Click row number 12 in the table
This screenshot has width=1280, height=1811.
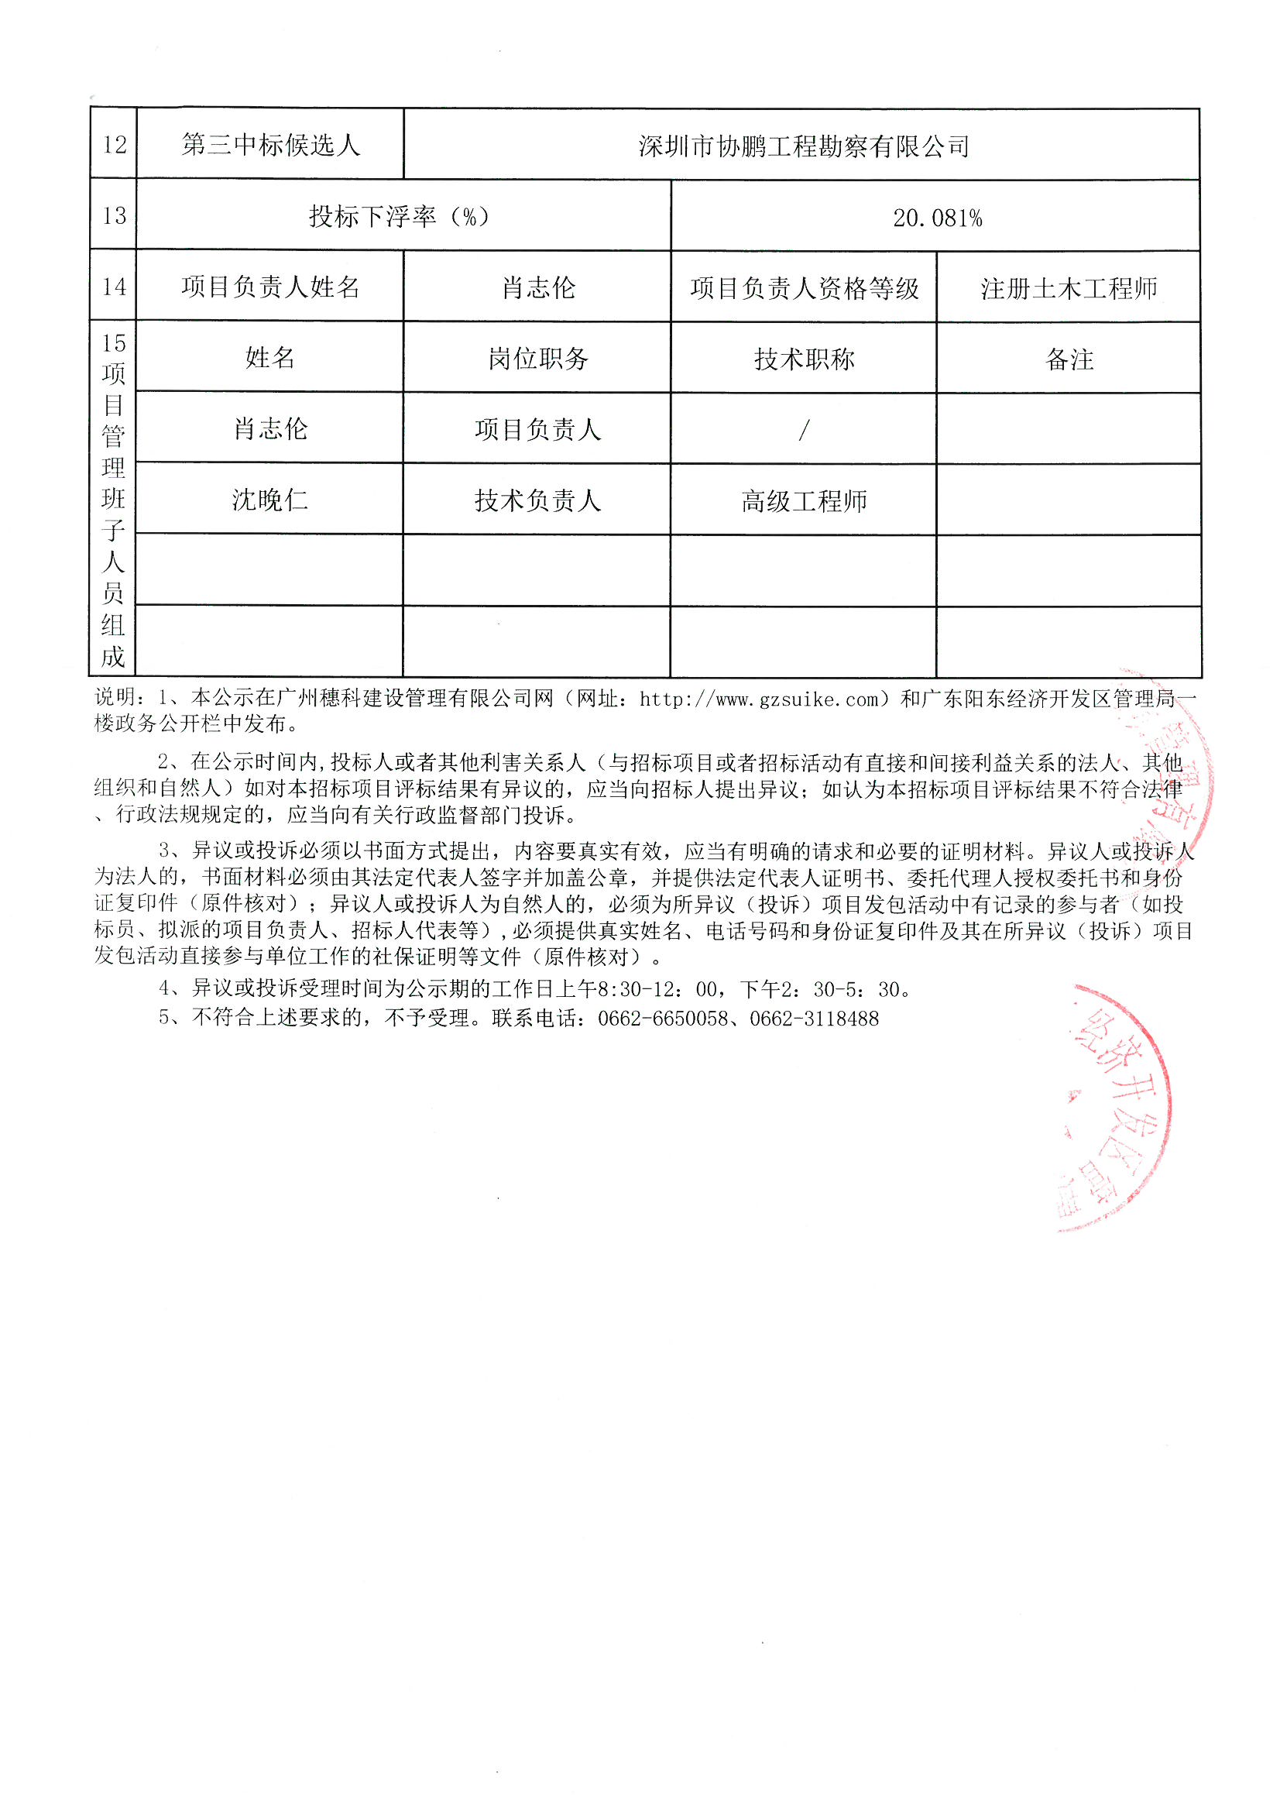tap(115, 144)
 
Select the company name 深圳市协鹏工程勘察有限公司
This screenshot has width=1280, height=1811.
tap(803, 146)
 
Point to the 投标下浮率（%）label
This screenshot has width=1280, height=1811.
tap(399, 216)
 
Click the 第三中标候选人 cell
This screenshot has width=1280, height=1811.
tap(270, 144)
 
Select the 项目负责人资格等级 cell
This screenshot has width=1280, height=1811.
tap(804, 289)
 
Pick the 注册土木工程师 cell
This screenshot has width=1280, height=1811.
tap(1069, 289)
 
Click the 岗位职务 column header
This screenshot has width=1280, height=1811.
tap(538, 359)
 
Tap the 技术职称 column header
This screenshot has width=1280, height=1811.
tap(804, 359)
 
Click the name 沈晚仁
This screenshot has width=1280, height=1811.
tap(269, 500)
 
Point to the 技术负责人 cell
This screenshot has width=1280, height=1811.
tap(538, 501)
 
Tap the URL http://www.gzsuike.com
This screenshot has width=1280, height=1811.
tap(758, 699)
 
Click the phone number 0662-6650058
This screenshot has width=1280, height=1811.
tap(663, 1019)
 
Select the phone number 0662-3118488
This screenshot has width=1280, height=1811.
tap(814, 1019)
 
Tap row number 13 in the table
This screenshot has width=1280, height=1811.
tap(115, 216)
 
